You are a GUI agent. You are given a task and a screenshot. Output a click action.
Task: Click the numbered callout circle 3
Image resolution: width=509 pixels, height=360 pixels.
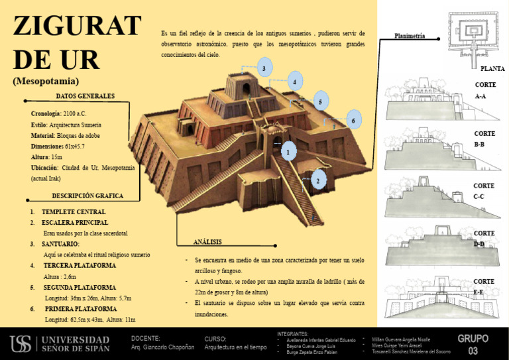tap(264, 68)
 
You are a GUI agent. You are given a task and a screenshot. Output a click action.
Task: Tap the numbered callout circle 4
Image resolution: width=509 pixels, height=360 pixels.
tap(293, 82)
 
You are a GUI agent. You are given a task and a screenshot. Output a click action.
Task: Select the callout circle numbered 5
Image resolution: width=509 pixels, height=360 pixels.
tap(320, 101)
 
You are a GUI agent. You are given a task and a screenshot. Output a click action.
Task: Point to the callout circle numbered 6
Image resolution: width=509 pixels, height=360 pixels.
tap(353, 120)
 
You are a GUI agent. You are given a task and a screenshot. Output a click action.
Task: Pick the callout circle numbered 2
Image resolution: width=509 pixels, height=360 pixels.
tap(318, 180)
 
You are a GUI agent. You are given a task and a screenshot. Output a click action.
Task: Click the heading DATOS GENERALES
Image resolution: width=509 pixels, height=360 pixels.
tap(85, 96)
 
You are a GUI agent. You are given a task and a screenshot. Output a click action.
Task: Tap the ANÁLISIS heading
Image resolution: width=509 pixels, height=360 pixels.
tap(207, 241)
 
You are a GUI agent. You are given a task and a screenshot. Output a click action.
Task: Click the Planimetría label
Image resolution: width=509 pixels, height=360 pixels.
tap(410, 36)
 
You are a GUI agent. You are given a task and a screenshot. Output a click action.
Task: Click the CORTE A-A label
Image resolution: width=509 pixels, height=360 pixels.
tap(485, 90)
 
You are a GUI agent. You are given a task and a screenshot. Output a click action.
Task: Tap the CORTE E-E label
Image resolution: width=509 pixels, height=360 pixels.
tap(484, 286)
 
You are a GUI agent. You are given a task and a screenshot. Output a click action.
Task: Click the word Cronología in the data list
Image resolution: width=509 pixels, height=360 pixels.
tap(45, 113)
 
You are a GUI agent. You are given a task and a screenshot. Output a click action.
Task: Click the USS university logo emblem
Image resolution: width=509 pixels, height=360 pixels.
tap(21, 343)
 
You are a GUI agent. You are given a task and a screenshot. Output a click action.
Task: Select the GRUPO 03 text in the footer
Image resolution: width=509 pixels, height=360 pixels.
tap(473, 344)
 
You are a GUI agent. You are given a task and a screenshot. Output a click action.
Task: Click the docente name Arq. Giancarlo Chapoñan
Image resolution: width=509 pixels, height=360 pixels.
tap(163, 347)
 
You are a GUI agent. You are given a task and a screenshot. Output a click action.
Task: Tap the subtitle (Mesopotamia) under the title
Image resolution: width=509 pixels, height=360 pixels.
tap(46, 82)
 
